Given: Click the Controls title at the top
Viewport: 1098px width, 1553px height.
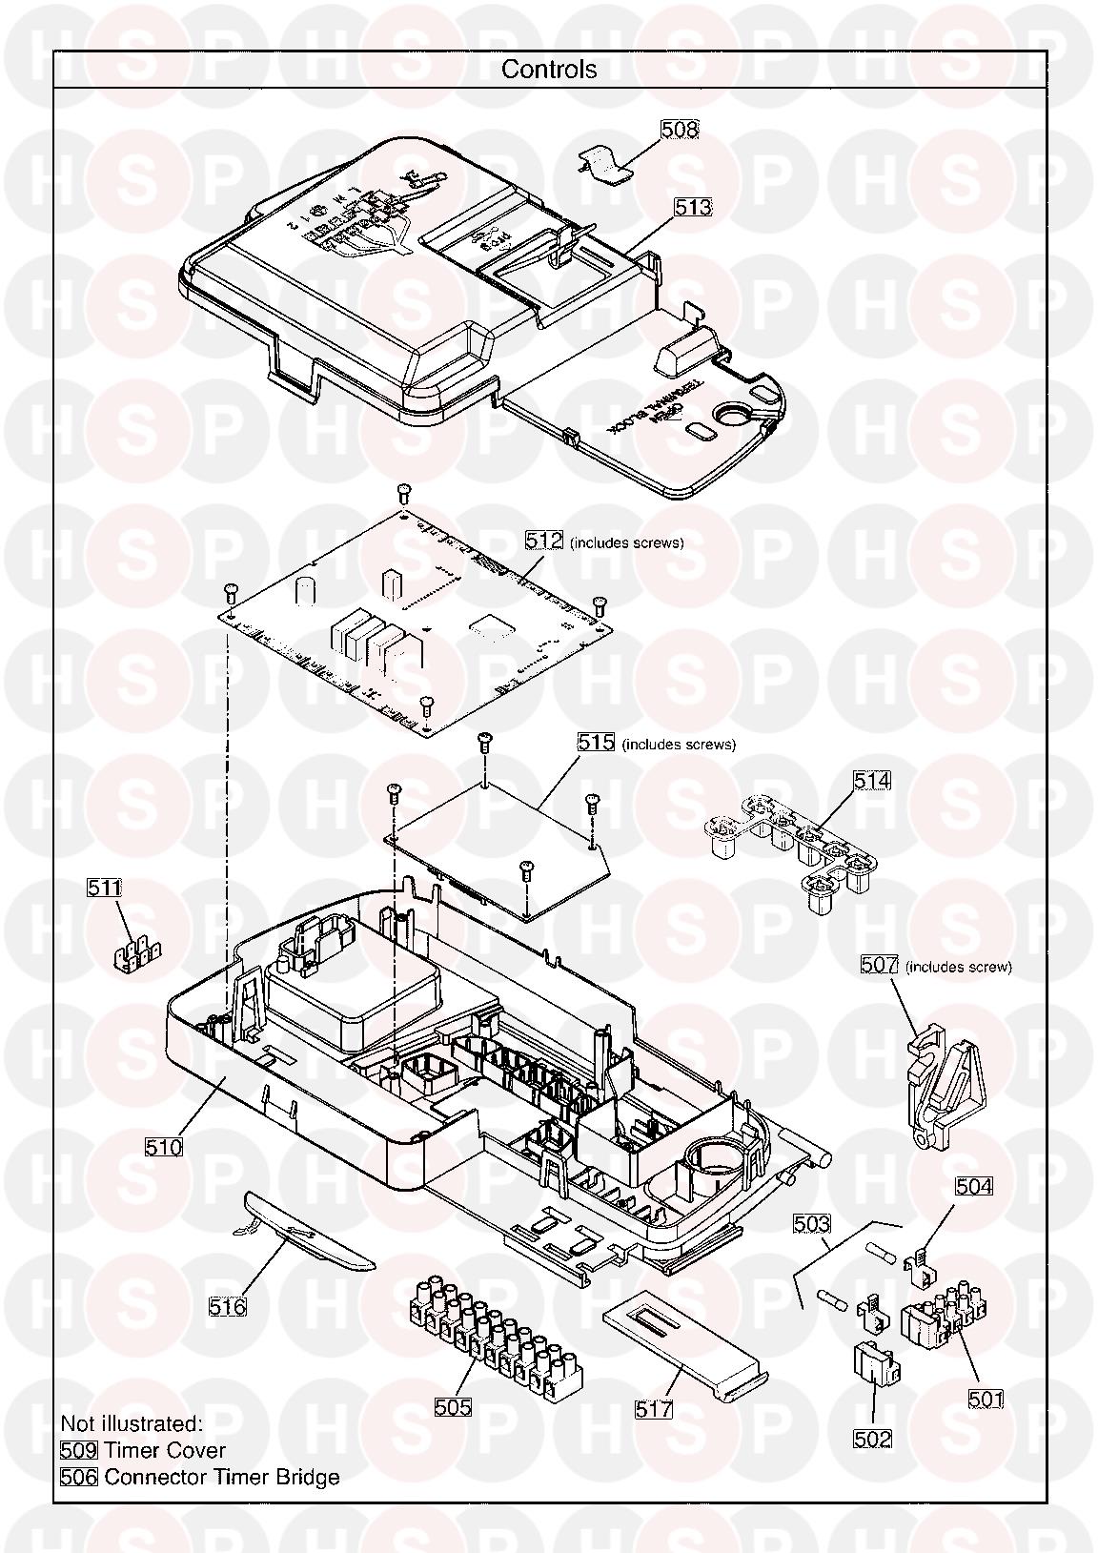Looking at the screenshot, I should (x=549, y=70).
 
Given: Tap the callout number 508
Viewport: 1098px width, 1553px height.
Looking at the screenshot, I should (x=679, y=129).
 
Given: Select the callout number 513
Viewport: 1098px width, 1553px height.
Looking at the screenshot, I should (x=693, y=207).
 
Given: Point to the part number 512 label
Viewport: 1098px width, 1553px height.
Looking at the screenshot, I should (x=545, y=542).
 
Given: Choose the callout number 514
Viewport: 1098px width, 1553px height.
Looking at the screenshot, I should (x=871, y=781).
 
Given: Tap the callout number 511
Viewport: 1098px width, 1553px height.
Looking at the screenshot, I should (x=105, y=888).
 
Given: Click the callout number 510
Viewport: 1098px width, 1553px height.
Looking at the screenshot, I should (x=164, y=1147).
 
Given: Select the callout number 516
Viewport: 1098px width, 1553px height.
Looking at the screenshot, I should (x=227, y=1306).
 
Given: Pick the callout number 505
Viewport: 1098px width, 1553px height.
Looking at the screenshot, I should (x=453, y=1406).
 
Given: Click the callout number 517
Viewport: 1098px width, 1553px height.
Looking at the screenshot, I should (x=654, y=1408).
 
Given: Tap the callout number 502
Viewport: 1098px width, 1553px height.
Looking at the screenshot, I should (x=872, y=1439).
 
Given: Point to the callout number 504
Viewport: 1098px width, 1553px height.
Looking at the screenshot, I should (x=973, y=1186).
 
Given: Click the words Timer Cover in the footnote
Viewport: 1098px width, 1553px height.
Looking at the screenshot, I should (x=165, y=1450).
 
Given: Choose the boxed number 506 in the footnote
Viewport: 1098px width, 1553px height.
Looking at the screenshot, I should (x=79, y=1477).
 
